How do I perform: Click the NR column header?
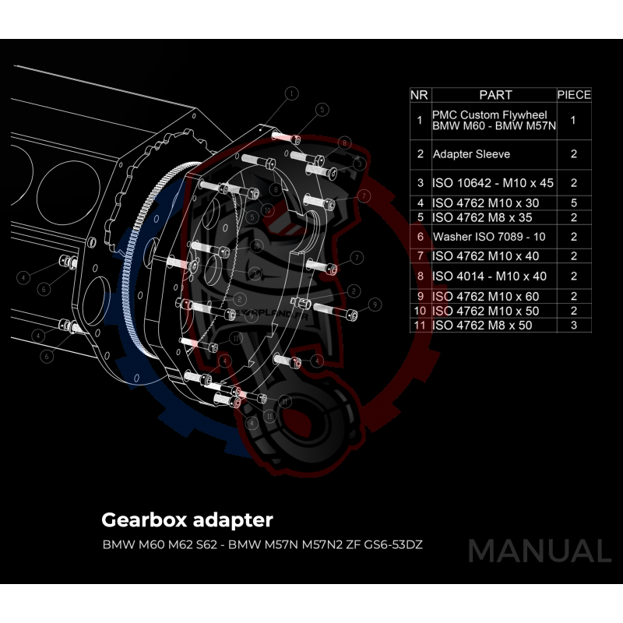[419, 95]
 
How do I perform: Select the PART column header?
[495, 95]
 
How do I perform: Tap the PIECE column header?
[574, 95]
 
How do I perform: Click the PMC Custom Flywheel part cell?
[492, 120]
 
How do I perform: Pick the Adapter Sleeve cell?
[471, 154]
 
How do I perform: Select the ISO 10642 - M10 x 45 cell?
[492, 184]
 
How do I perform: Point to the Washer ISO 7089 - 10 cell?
[491, 236]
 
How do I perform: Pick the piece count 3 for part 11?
[574, 326]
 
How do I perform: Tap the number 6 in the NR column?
[419, 236]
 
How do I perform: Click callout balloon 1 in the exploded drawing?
[291, 93]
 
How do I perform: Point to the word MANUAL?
[539, 551]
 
